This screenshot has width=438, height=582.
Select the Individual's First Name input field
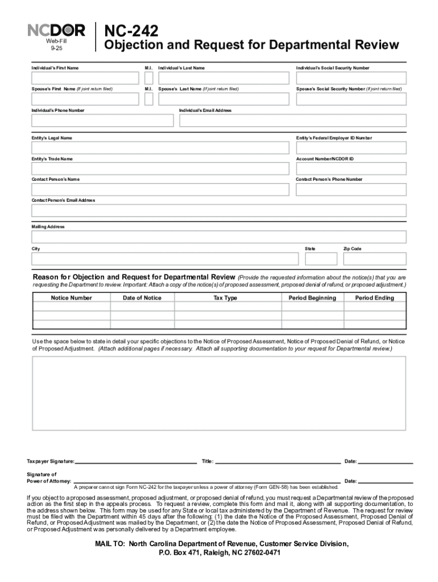point(85,78)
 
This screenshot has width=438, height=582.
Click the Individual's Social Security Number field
point(351,78)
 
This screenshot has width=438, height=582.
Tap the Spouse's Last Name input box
point(224,99)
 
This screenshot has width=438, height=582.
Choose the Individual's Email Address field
point(293,120)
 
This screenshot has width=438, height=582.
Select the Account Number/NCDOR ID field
point(351,169)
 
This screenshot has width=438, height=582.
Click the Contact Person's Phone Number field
point(351,189)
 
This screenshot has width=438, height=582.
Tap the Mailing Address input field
point(219,237)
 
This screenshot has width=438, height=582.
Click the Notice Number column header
point(71,298)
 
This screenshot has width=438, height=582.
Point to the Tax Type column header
point(225,298)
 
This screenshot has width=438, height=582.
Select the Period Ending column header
point(374,298)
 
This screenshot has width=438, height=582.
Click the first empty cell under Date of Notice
point(142,307)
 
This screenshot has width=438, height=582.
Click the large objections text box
point(219,401)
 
